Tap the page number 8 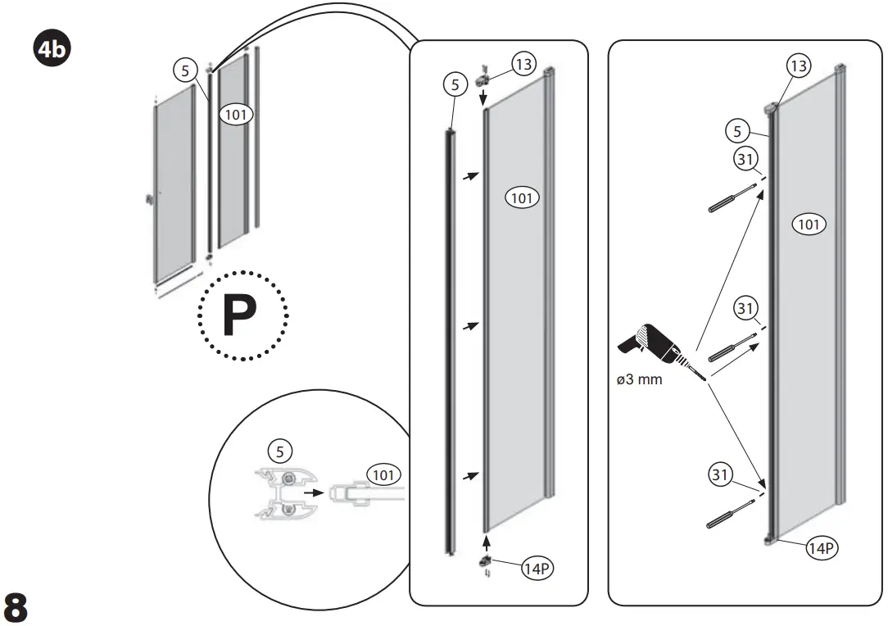point(16,606)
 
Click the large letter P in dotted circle point(242,315)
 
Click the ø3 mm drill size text point(640,379)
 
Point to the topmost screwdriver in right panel point(731,199)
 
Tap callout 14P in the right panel point(820,548)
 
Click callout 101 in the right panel point(809,224)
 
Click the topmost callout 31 point(745,160)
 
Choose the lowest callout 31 point(720,474)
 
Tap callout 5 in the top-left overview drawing point(185,69)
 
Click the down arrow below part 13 point(483,97)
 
